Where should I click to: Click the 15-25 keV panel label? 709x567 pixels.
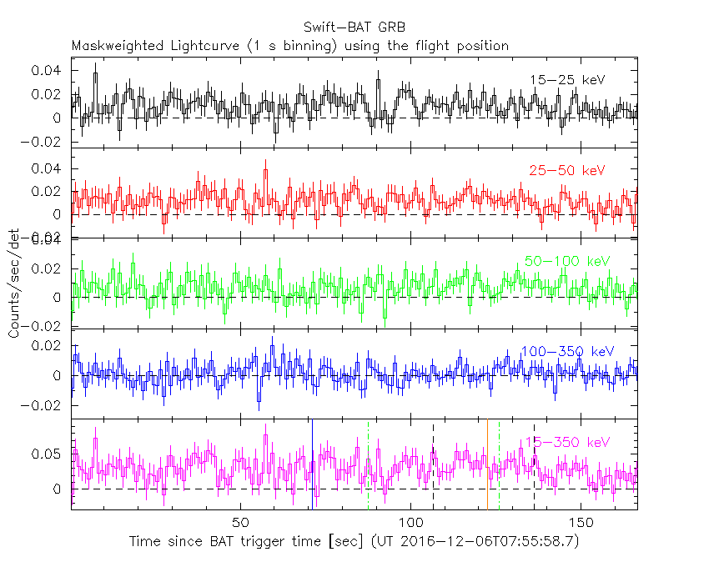567,80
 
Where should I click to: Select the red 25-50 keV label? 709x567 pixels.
566,171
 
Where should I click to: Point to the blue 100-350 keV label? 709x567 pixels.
566,351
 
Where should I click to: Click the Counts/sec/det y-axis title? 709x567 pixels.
14,283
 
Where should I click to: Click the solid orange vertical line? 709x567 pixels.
487,463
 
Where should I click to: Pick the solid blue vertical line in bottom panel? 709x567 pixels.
311,463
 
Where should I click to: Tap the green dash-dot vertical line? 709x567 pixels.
499,463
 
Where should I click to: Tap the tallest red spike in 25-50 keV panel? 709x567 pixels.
265,170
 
